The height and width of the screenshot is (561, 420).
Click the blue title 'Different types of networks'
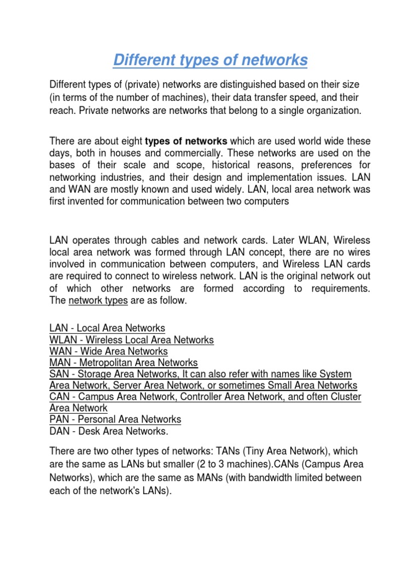[210, 60]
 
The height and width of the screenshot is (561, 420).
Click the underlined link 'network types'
[98, 300]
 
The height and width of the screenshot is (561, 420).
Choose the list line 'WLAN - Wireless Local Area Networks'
[131, 340]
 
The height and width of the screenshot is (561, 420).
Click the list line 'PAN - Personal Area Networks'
[115, 419]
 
